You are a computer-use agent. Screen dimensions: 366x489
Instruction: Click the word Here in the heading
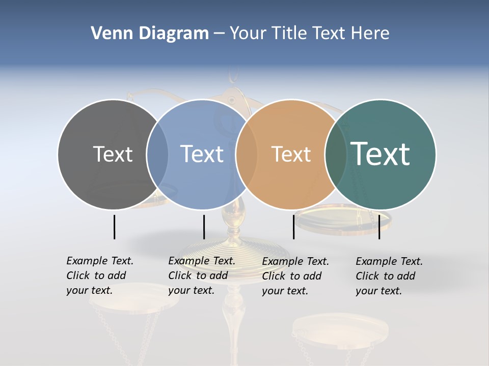click(370, 34)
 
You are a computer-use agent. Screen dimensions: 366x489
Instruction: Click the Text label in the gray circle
click(113, 154)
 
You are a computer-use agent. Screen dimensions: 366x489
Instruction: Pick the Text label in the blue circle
click(202, 154)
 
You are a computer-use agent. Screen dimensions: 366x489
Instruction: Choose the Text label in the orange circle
click(291, 154)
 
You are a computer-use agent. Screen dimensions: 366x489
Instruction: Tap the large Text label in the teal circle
click(380, 154)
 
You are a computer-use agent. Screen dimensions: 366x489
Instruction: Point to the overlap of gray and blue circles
click(157, 155)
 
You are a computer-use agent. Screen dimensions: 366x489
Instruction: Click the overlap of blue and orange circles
click(247, 155)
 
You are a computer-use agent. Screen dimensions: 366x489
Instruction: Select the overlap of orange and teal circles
click(336, 155)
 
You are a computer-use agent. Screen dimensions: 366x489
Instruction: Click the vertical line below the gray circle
click(114, 227)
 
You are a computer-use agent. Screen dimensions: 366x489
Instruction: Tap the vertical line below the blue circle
click(204, 227)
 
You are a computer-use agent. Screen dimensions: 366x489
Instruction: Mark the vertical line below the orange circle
click(293, 227)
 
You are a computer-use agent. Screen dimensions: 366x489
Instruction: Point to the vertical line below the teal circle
click(379, 227)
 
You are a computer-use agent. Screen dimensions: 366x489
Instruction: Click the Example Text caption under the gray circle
click(100, 276)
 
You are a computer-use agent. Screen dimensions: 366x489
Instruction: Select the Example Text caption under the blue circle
click(202, 276)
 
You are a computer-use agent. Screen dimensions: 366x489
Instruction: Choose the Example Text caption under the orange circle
click(295, 276)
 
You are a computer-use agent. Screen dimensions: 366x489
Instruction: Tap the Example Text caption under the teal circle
click(389, 276)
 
